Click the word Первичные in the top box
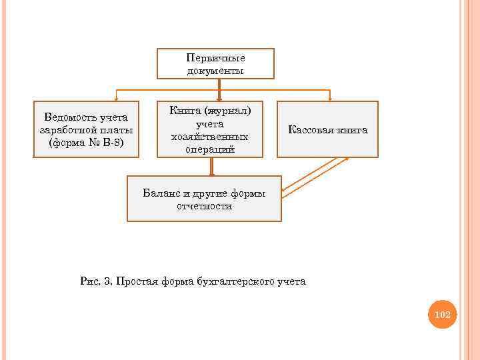tap(215, 58)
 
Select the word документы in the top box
tap(215, 70)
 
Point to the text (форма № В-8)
tap(86, 143)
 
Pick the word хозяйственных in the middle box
tap(210, 137)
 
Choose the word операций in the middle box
tap(210, 149)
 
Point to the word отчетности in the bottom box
tap(204, 207)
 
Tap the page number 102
tap(443, 314)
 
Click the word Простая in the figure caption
tap(136, 281)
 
